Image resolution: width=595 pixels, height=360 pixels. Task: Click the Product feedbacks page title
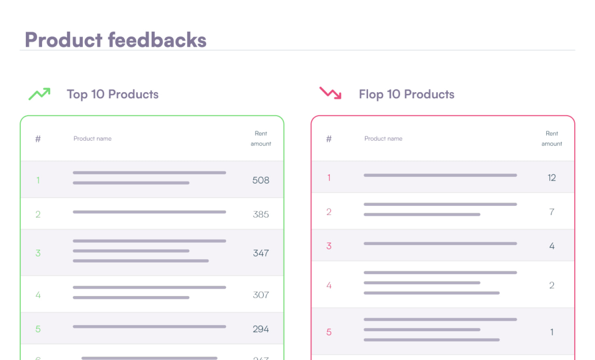pos(116,40)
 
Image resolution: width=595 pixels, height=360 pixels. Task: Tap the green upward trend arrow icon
pos(40,94)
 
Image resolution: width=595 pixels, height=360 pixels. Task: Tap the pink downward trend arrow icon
pos(331,93)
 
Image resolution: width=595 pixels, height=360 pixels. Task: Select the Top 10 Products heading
pos(112,94)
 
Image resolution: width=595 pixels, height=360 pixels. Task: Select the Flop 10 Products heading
pos(406,94)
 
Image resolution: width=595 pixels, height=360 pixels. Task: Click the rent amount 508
pos(261,180)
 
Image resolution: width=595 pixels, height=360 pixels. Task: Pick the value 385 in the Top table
pos(261,214)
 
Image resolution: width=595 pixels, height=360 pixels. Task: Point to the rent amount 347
pos(261,253)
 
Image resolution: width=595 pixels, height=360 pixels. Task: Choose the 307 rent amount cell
pos(261,295)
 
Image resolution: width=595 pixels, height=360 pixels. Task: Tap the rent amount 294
pos(261,329)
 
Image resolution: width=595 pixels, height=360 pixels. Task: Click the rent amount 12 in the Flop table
pos(552,178)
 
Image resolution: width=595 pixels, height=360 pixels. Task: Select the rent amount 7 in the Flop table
pos(552,212)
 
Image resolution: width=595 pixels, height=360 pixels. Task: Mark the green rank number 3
pos(38,253)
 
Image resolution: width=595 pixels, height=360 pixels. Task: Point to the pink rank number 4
pos(329,286)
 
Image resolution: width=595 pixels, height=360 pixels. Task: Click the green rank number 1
pos(38,180)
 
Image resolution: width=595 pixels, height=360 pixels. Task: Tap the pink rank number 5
pos(329,332)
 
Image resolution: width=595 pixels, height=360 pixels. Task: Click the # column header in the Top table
pos(38,139)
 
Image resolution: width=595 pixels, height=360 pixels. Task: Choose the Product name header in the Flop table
pos(383,138)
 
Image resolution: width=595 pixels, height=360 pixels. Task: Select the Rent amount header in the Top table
pos(261,138)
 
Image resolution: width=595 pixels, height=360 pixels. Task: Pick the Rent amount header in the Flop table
pos(552,138)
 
